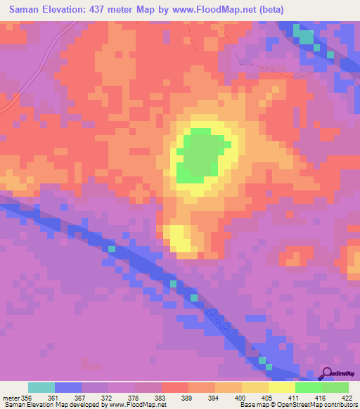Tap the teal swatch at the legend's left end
point(41,387)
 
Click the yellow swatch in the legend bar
point(282,387)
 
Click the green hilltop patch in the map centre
point(203,155)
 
